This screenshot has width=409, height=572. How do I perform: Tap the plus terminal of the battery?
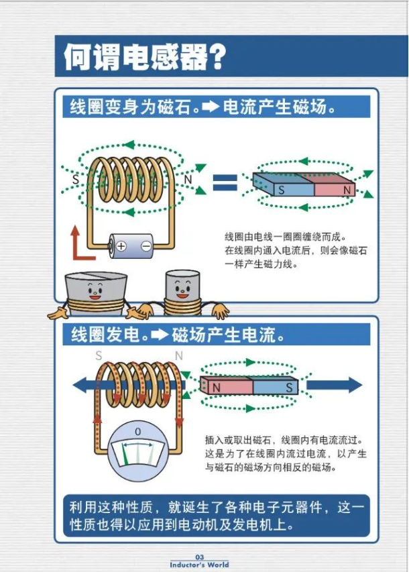click(x=121, y=246)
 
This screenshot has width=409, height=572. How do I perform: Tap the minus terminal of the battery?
click(x=145, y=246)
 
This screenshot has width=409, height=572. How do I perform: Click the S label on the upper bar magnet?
click(x=282, y=190)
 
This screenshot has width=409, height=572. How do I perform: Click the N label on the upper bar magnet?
click(x=347, y=190)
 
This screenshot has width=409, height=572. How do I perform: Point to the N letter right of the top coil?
click(x=188, y=180)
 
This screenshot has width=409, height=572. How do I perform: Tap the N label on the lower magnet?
click(x=217, y=388)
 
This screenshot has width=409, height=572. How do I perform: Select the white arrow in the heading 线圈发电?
click(x=160, y=335)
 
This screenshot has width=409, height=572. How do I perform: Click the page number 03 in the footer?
click(x=199, y=557)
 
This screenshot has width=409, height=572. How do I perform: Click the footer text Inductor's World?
click(x=199, y=565)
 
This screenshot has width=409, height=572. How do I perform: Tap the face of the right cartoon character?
click(x=180, y=289)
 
